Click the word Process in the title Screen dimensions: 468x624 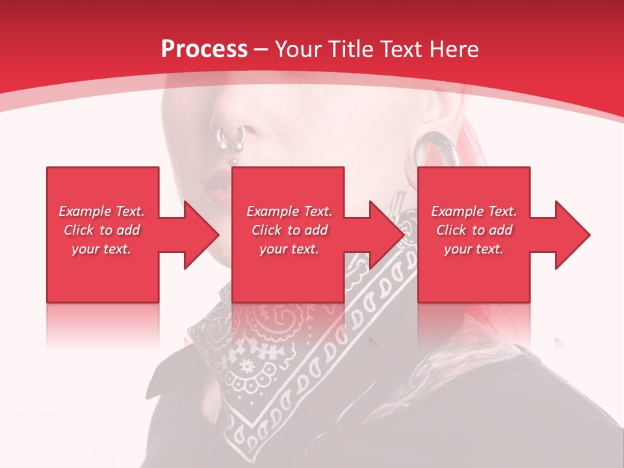204,49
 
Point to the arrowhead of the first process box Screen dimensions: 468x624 202,235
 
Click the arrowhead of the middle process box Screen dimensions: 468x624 388,235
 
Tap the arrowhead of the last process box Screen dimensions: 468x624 573,235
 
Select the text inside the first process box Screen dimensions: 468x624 101,230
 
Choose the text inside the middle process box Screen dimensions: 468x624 289,230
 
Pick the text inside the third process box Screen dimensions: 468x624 474,230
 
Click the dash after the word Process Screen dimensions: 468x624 261,50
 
